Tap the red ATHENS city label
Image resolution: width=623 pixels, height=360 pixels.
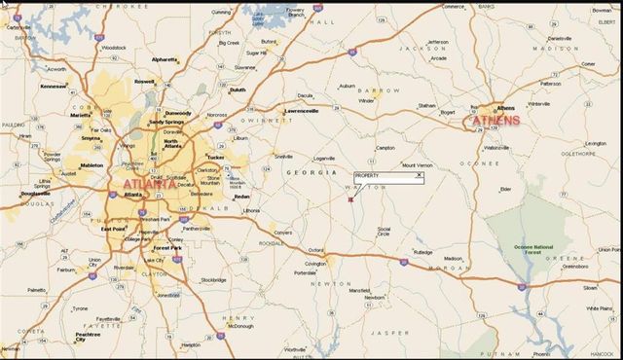point(496,121)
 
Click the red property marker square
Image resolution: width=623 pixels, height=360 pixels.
point(350,199)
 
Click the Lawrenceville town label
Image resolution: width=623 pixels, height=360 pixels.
point(302,111)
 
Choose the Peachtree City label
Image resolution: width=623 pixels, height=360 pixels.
point(87,337)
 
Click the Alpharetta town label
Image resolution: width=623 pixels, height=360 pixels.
point(165,59)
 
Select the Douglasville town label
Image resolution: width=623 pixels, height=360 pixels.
point(35,194)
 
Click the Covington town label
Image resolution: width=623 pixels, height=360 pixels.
point(314,264)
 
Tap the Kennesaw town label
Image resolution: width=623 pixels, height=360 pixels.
point(53,86)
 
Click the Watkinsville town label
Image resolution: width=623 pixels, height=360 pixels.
point(495,148)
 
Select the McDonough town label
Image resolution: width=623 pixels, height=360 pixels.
point(243,326)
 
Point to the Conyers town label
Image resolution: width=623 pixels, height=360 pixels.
point(281,234)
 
